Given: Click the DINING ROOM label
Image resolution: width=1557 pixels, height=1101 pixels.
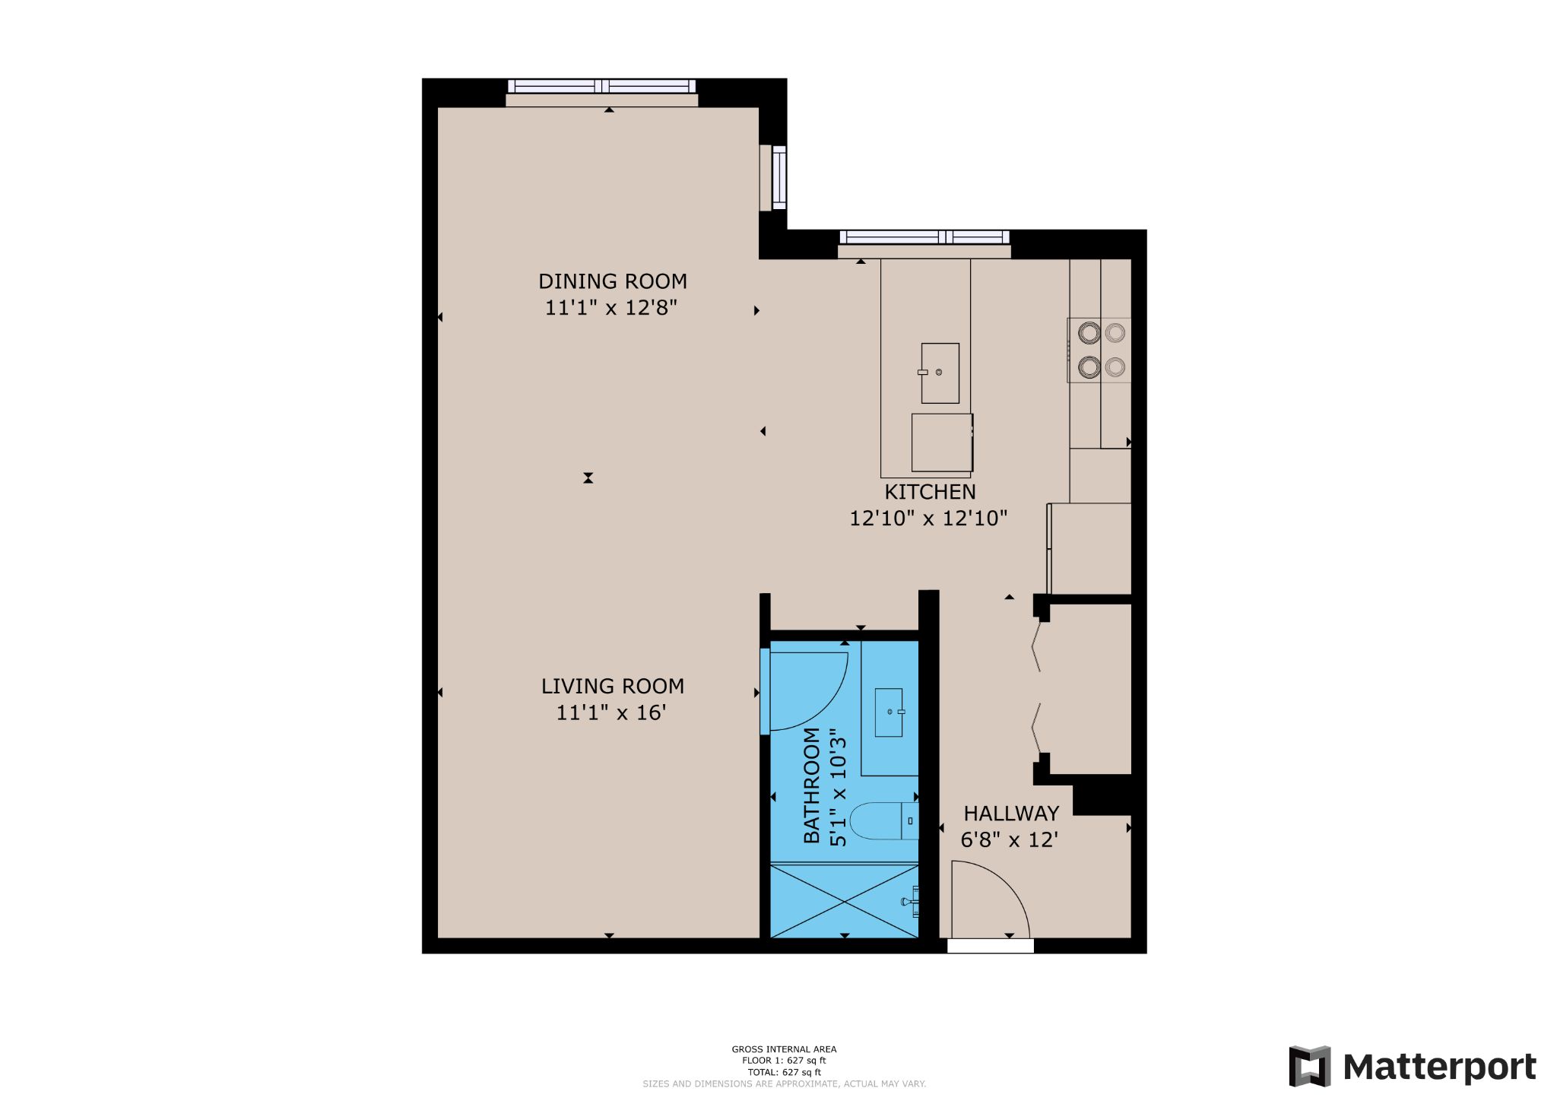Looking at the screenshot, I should click(x=613, y=281).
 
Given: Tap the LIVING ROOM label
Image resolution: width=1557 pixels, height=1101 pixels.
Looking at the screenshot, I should click(x=613, y=686).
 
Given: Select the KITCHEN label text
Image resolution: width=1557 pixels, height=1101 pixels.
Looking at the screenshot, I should click(x=930, y=492).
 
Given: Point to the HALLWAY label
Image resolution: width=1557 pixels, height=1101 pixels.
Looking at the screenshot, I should click(x=1011, y=814).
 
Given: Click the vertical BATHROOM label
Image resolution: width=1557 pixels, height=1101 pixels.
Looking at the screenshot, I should click(x=812, y=785).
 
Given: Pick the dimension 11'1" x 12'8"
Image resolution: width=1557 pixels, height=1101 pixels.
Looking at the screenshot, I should click(x=611, y=308).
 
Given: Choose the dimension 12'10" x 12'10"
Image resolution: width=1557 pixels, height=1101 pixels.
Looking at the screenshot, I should click(x=928, y=519).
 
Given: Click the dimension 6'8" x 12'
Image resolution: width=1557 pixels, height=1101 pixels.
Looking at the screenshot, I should click(x=1010, y=840).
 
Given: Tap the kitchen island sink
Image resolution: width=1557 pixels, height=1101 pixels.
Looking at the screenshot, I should click(x=940, y=373).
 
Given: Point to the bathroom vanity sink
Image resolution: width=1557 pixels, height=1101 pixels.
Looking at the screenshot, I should click(x=889, y=712).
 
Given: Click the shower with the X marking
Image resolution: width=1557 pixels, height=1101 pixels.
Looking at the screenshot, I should click(x=844, y=902).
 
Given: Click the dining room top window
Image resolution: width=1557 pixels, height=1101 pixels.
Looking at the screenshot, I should click(x=601, y=87).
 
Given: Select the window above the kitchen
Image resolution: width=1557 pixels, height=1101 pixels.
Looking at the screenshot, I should click(x=924, y=237).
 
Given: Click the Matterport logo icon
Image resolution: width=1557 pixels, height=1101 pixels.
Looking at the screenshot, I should click(x=1309, y=1066).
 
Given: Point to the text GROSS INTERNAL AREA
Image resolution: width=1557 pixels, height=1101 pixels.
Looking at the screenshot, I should click(x=784, y=1049).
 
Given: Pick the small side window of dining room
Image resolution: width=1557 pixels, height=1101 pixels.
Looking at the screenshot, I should click(x=779, y=177).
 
